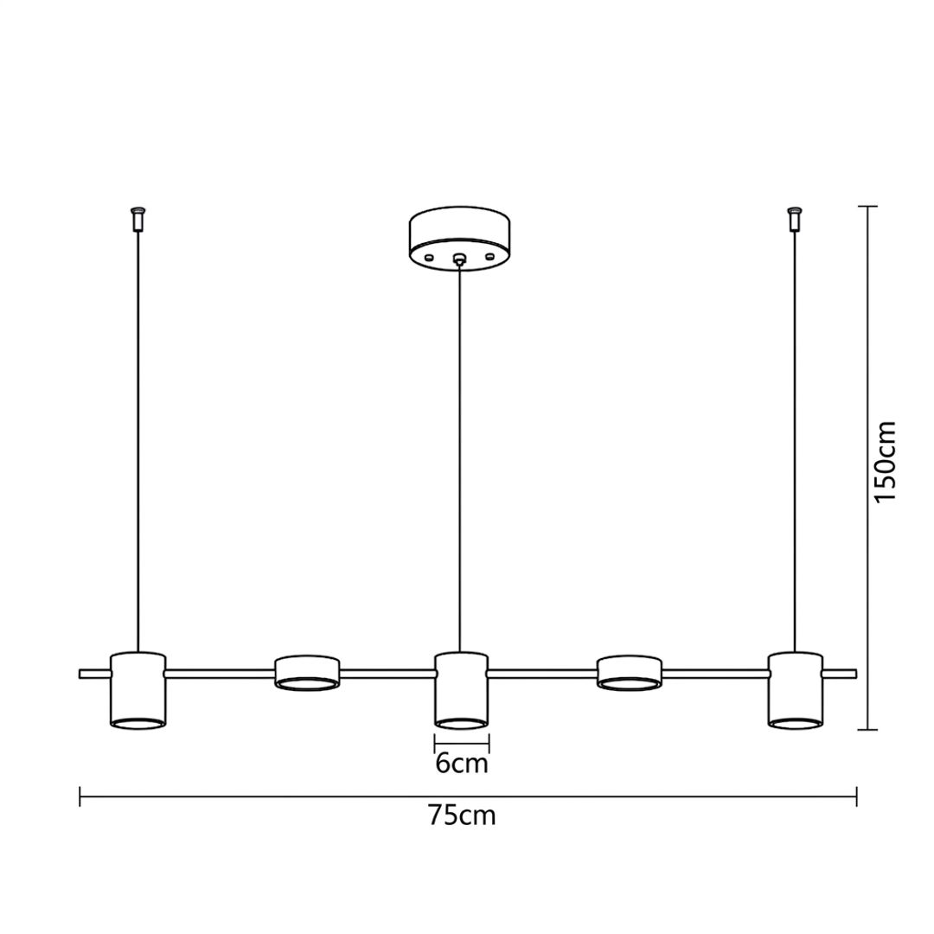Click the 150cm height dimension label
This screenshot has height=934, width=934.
point(886,462)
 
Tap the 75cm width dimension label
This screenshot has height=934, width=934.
point(462,816)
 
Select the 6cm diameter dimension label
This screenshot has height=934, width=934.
point(462,763)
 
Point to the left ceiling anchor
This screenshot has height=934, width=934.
point(138,219)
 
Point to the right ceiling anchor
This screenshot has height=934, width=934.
point(794,219)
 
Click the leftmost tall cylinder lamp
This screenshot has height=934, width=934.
point(138,690)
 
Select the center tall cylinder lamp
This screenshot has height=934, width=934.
point(461,690)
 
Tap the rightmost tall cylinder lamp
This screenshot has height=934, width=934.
point(796,690)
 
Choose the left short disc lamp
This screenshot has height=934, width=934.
point(307,673)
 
